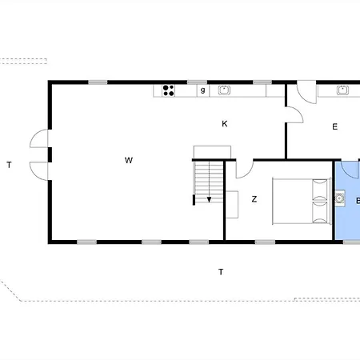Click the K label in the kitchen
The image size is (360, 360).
pos(225,123)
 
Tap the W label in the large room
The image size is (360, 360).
pos(128,161)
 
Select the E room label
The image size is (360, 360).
pos(334,126)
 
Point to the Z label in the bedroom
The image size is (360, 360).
pos(254,199)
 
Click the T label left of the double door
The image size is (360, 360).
pos(9,166)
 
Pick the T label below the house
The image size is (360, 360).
pos(221,272)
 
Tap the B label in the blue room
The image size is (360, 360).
pos(357,200)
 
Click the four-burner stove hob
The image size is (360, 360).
pos(169,90)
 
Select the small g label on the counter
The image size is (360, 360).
pos(202,90)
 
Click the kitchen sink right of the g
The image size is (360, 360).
pos(224,90)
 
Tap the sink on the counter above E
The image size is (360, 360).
pos(343,90)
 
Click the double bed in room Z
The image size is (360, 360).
pos(301,201)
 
